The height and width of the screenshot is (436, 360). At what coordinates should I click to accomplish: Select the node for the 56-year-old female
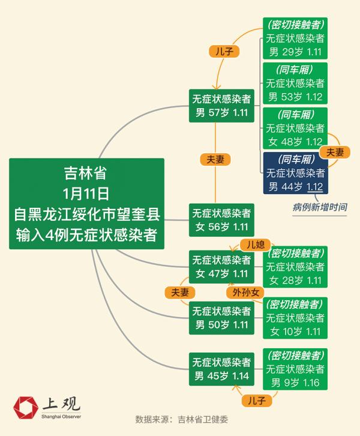221,219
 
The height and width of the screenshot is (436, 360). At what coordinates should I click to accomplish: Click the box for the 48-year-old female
295,128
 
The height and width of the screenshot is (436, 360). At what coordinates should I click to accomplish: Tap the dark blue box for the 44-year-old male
295,172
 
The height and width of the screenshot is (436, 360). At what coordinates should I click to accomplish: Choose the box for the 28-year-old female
295,267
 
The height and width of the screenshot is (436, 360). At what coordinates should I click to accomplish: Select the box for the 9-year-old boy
295,368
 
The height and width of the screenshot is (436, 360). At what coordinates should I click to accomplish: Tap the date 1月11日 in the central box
86,193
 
